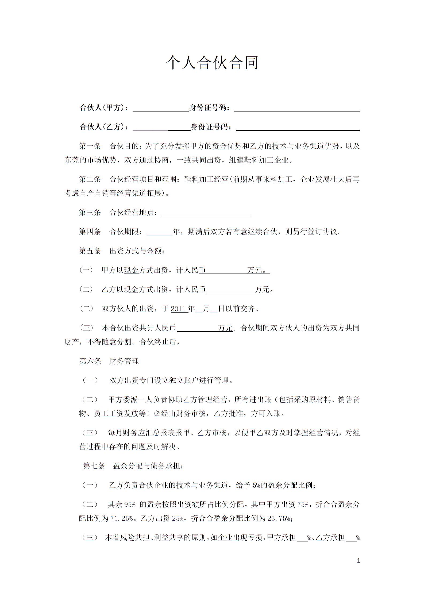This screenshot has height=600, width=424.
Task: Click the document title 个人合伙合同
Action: [212, 63]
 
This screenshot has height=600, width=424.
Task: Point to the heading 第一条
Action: [90, 146]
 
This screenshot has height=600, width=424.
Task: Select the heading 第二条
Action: [90, 179]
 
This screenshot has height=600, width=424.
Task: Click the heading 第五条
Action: [90, 251]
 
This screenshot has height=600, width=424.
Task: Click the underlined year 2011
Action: [179, 309]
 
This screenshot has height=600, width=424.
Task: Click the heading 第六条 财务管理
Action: [109, 361]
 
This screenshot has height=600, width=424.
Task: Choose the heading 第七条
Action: [94, 466]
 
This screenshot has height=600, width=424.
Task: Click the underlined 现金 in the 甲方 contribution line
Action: [131, 270]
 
